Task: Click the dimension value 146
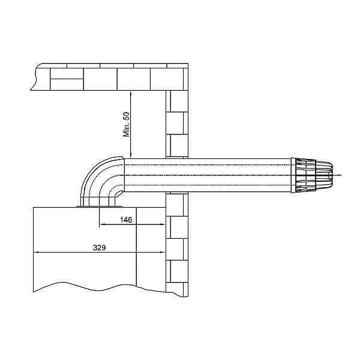[x=126, y=220]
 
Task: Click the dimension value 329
[x=100, y=248]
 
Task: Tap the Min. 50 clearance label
[x=127, y=125]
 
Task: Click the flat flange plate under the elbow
[x=99, y=206]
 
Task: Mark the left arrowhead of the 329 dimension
[x=36, y=253]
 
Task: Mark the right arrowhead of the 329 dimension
[x=163, y=253]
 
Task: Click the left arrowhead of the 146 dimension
[x=102, y=224]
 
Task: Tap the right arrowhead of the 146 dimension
[x=163, y=224]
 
